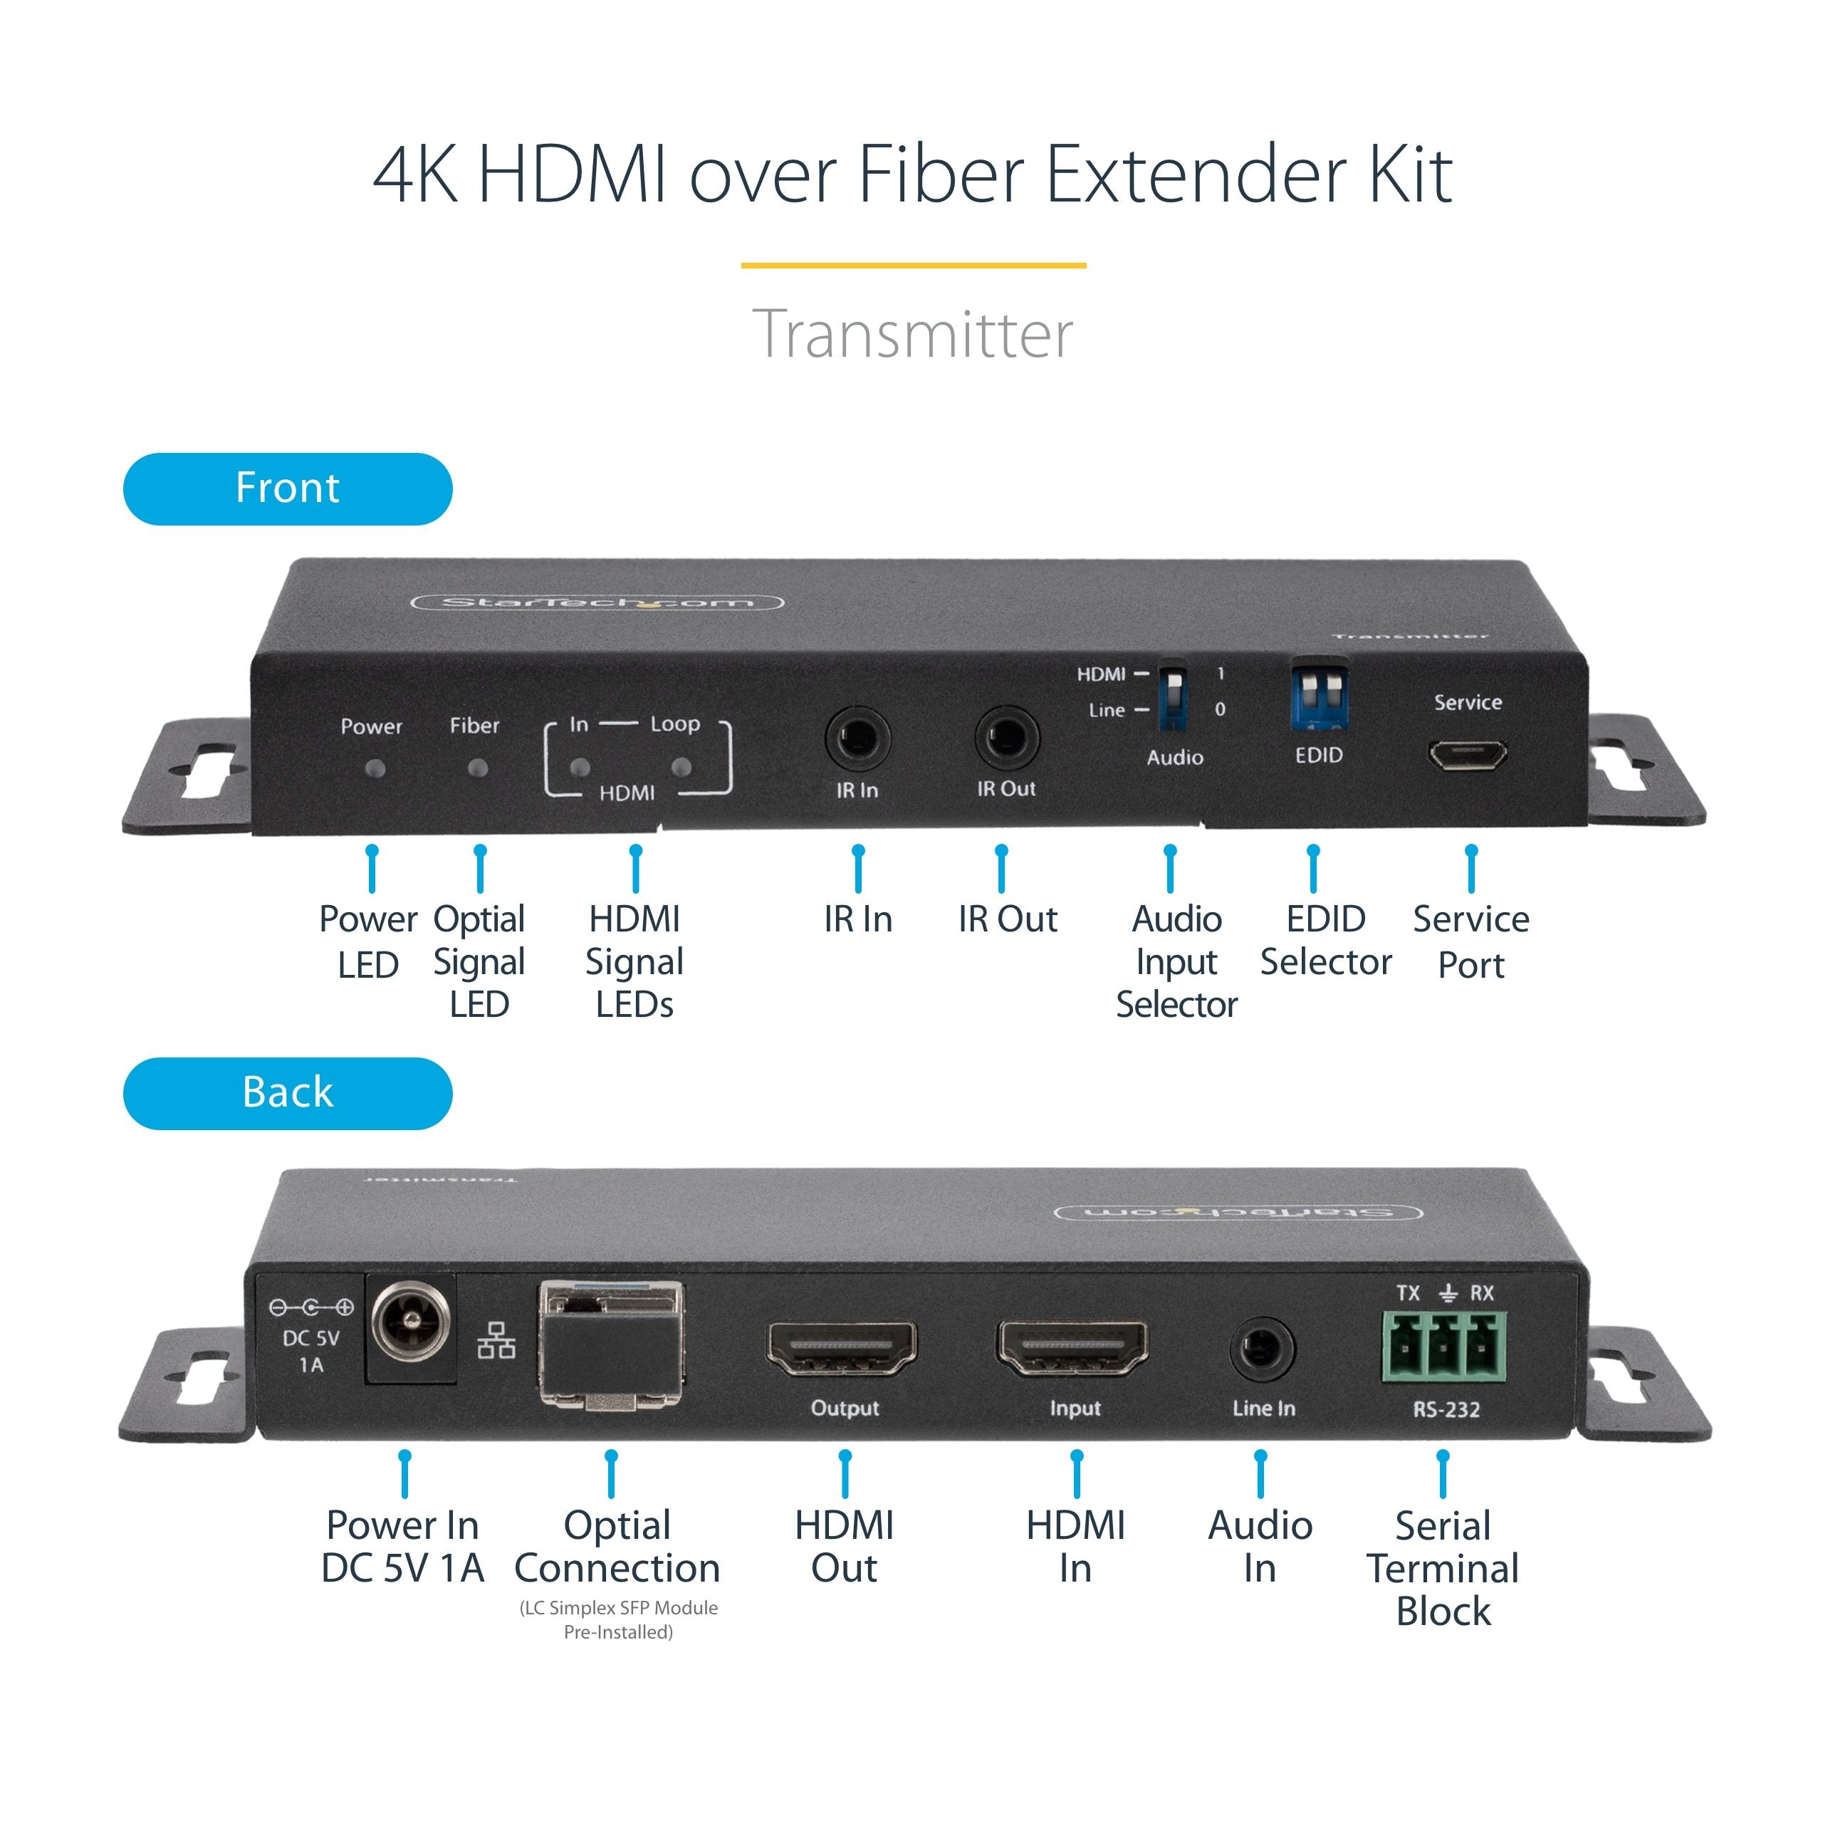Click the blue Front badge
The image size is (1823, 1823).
click(288, 489)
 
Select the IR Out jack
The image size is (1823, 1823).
click(1006, 738)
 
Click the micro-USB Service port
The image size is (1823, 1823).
click(1466, 755)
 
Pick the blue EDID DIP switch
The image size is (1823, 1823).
click(1318, 699)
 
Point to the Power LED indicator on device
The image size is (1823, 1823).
click(375, 768)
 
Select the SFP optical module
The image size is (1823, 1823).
click(612, 1344)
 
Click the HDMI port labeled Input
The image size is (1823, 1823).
click(1073, 1347)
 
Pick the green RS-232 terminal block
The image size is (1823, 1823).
click(1443, 1347)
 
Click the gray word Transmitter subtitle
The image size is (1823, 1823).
click(912, 334)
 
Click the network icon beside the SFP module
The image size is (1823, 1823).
click(496, 1340)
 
